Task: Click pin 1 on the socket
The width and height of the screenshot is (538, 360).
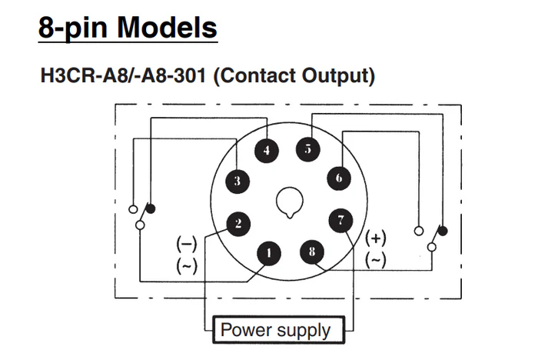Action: (267, 252)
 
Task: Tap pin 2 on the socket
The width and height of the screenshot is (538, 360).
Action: (238, 224)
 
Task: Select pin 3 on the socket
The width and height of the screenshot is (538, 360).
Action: (237, 182)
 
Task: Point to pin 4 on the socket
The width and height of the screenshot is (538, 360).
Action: (267, 151)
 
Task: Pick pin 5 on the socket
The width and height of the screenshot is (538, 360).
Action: (307, 149)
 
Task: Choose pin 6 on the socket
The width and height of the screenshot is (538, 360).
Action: (337, 178)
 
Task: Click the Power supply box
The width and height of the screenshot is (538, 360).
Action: (275, 331)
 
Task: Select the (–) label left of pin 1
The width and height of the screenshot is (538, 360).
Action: (187, 244)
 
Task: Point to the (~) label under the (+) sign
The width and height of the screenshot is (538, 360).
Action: (376, 260)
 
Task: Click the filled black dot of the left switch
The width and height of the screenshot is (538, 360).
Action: (151, 208)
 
